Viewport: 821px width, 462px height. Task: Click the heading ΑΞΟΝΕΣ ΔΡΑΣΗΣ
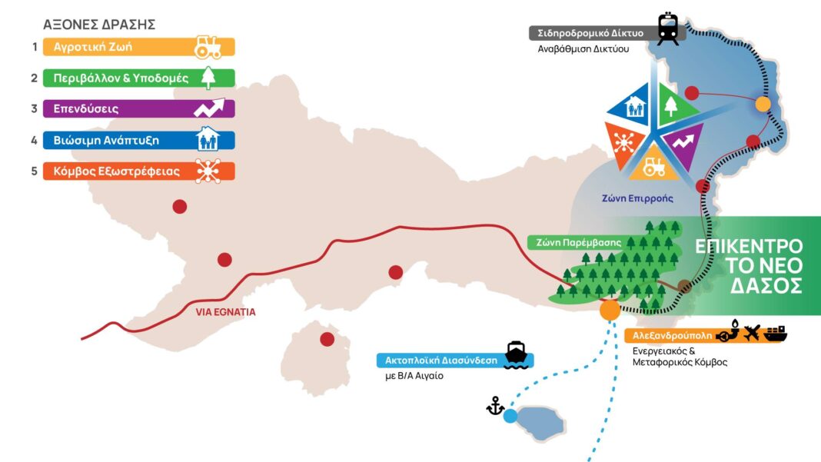[99, 25]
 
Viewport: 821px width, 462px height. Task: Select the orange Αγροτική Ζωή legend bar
[138, 47]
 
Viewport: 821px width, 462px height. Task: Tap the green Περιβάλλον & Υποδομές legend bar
[138, 78]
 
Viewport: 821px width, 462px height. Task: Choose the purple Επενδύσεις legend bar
[138, 109]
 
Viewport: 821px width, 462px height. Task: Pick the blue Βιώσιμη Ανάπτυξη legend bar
[138, 141]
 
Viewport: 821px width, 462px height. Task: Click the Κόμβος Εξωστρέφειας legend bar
[138, 171]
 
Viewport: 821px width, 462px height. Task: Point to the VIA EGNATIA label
[226, 312]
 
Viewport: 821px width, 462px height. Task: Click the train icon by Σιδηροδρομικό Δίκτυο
[668, 28]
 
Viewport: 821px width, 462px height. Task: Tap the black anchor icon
[495, 405]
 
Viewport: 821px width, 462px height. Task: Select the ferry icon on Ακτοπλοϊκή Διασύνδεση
[516, 355]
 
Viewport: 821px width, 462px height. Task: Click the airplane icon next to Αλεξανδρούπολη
[752, 332]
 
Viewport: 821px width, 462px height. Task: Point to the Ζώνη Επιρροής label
[637, 198]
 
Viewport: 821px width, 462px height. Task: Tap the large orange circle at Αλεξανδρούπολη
[610, 310]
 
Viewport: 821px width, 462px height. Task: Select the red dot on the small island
[327, 340]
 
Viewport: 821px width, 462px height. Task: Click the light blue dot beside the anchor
[510, 417]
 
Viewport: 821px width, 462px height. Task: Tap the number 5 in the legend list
[34, 171]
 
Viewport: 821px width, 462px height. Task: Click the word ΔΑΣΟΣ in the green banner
[766, 286]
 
